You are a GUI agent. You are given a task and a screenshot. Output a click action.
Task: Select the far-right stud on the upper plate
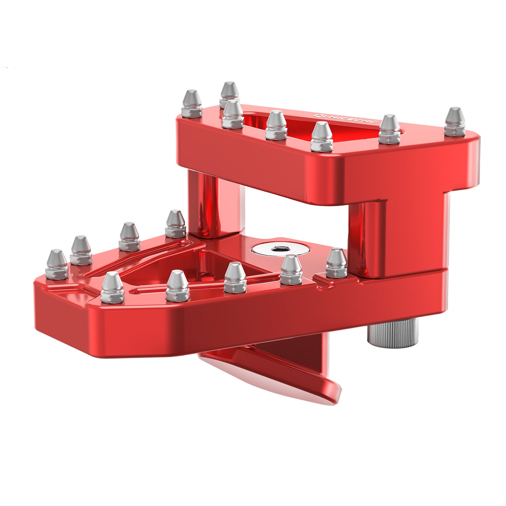click(x=454, y=122)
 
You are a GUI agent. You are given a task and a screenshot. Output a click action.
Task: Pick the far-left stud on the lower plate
click(x=57, y=264)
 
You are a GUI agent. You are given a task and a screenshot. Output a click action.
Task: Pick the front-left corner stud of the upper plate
click(x=192, y=104)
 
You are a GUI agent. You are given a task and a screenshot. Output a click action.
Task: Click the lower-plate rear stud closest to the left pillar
click(x=175, y=224)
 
